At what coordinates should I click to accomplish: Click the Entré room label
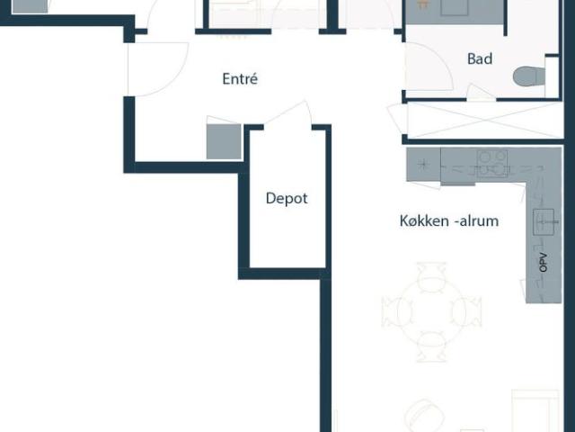click(240, 79)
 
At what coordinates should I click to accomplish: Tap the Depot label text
click(287, 198)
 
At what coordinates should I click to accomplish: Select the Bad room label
click(480, 59)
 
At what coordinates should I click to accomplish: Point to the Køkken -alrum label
click(449, 220)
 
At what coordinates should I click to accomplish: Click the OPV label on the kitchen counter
click(543, 264)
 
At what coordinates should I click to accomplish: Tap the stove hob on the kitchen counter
click(490, 163)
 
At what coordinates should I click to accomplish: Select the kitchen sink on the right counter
click(544, 221)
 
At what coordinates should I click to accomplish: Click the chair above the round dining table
click(431, 274)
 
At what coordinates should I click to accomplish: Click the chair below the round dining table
click(431, 346)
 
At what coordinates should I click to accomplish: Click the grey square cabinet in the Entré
click(224, 141)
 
